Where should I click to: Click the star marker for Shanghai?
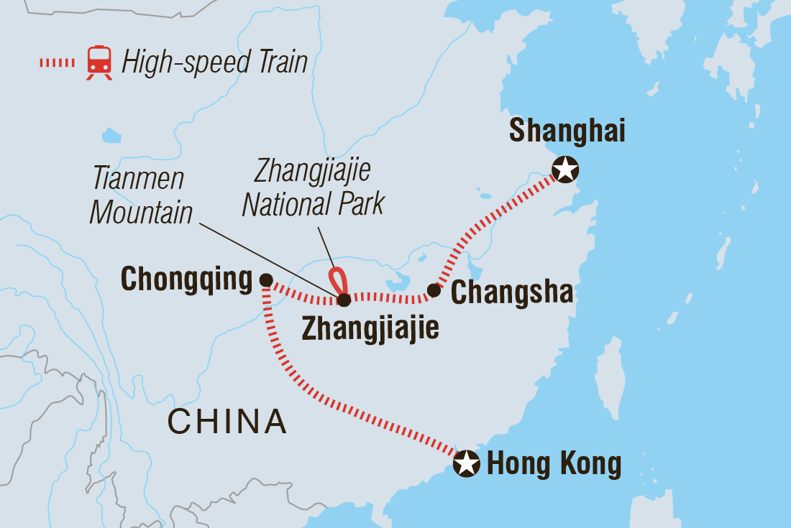565,170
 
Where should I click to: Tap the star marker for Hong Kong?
467,463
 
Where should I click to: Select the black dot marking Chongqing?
266,279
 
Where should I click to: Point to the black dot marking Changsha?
434,290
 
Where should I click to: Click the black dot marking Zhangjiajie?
344,300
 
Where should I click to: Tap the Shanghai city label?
567,132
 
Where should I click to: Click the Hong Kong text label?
554,464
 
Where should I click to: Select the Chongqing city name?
187,280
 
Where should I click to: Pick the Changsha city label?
511,292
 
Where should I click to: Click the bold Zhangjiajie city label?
370,328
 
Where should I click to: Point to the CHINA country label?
227,422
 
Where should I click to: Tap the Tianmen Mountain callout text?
142,195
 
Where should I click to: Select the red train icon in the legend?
99,62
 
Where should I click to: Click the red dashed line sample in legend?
57,62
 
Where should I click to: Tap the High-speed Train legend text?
214,62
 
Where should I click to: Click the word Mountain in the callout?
142,212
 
